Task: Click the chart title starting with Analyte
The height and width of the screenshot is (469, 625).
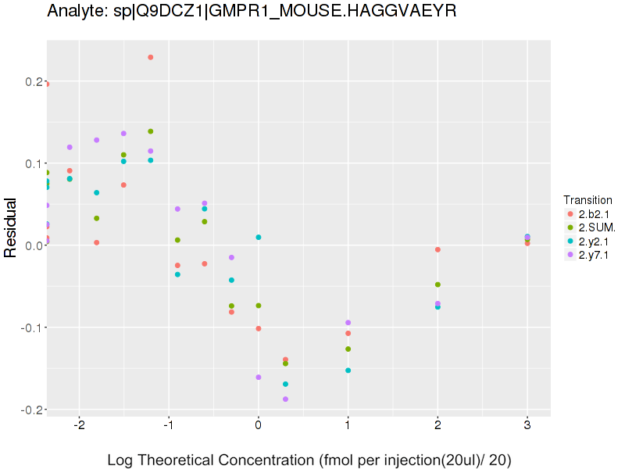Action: [252, 12]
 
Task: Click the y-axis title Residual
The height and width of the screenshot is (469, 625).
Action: [12, 227]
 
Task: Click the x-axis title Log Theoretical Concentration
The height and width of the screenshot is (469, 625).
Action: [309, 460]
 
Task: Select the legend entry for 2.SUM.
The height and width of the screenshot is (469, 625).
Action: [595, 227]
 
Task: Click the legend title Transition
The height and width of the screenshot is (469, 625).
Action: [587, 200]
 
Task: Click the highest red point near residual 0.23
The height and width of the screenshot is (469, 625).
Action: [150, 57]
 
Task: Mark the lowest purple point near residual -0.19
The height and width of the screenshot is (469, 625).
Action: [285, 399]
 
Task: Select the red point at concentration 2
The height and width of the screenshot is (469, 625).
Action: [437, 249]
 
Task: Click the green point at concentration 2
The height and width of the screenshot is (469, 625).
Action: [437, 285]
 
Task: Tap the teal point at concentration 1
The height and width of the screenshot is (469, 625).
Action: [348, 371]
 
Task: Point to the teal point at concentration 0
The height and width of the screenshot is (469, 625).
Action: [259, 237]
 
